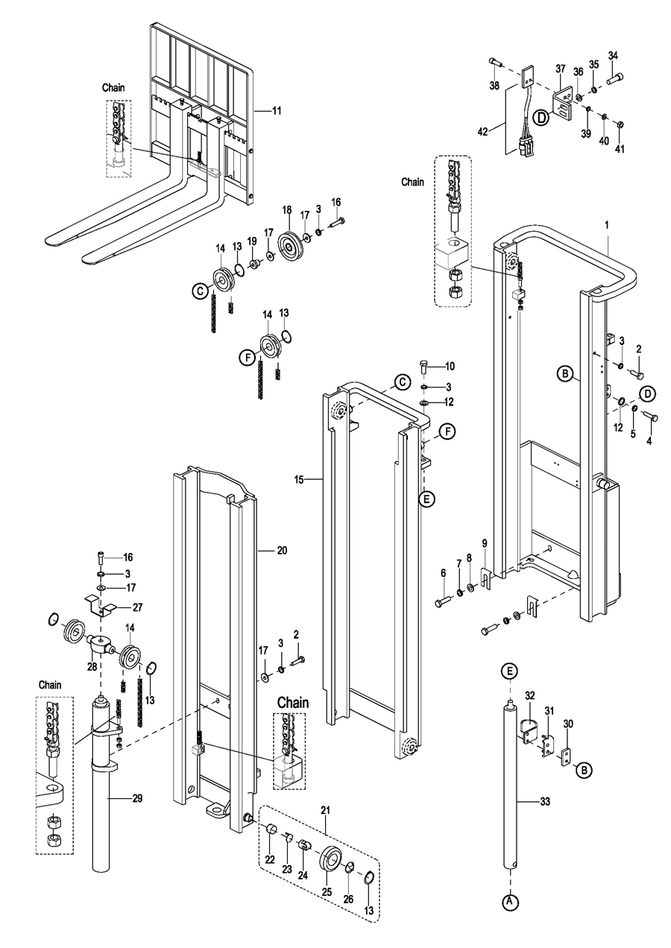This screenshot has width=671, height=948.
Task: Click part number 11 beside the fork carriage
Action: point(277,111)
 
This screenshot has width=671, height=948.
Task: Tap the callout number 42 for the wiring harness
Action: point(483,132)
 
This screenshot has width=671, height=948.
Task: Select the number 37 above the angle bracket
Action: point(560,69)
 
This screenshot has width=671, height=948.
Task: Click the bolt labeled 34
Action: point(616,78)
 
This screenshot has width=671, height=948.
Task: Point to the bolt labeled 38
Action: point(496,62)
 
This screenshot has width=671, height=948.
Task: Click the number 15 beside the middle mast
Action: point(299,480)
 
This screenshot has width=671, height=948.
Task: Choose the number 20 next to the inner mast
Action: point(282,550)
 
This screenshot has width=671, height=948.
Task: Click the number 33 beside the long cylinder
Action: point(545,801)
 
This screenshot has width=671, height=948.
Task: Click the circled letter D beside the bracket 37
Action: point(541,117)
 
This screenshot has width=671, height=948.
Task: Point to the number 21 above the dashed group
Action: point(325,810)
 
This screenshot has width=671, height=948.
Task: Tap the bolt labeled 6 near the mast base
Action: point(444,602)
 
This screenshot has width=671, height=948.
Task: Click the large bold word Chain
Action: point(293,702)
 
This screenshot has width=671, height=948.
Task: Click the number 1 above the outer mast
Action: point(606,225)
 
